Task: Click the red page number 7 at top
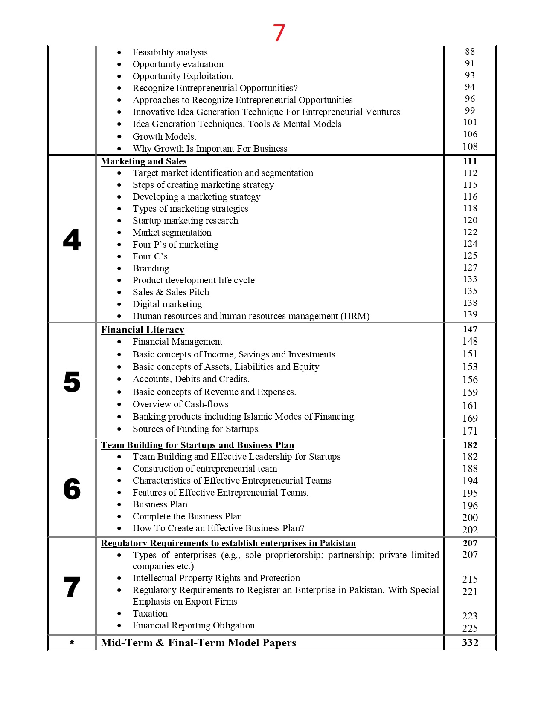coord(279,33)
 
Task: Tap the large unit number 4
coord(72,239)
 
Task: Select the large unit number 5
coord(72,381)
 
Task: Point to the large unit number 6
coord(72,489)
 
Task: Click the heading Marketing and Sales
coord(144,161)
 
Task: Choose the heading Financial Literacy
coord(143,330)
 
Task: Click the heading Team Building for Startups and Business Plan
coord(197,445)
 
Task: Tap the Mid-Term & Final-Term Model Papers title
coord(198,642)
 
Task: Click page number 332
coord(470,642)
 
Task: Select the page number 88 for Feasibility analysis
coord(470,52)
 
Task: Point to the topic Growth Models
coord(164,137)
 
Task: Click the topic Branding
coord(151,268)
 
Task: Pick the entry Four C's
coord(150,256)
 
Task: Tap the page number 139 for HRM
coord(470,314)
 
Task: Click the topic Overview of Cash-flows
coord(180,404)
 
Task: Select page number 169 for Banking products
coord(470,418)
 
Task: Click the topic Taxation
coord(150,614)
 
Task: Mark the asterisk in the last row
coord(72,642)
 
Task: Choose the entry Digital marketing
coord(167,304)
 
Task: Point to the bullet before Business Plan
coord(119,505)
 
